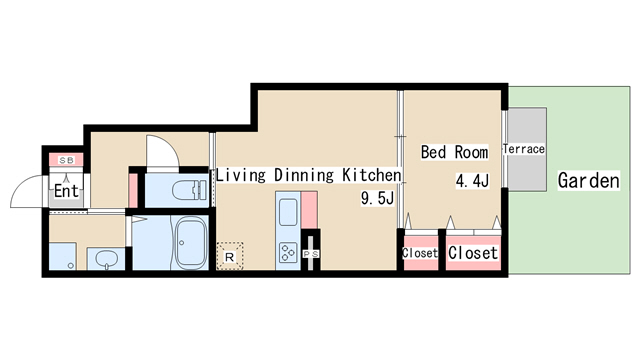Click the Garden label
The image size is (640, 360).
pos(589,180)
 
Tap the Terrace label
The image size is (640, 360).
pos(524,149)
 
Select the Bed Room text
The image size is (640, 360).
pos(454,152)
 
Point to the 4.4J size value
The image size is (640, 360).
pos(472,180)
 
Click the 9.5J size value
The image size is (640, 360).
pos(377,198)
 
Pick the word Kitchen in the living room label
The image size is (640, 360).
pos(371,175)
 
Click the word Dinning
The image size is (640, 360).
pos(304,175)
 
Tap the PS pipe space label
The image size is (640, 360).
pos(311,254)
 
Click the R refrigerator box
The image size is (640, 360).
pos(230,256)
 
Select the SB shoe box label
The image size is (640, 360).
pos(67,160)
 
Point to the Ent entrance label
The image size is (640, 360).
pos(66,191)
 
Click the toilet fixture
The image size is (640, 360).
pos(189,190)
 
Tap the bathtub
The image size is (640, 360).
pos(191,243)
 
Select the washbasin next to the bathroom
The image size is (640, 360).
pos(107,258)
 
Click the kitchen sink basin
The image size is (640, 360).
pos(288,212)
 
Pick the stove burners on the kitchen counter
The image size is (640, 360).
pos(288,252)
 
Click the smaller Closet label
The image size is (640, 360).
pos(420,253)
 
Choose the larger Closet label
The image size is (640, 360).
pos(473,253)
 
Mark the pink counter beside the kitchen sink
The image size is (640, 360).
pos(309,210)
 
